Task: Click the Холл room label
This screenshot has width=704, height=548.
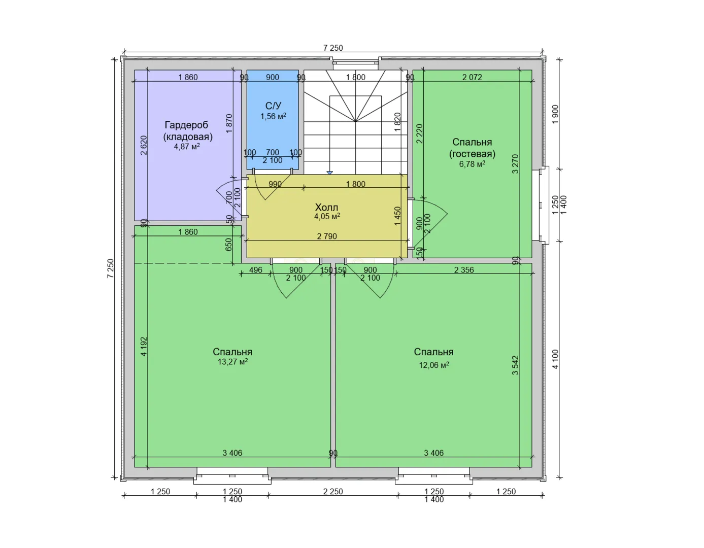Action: tap(326, 208)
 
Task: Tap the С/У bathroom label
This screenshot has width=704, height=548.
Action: tap(273, 106)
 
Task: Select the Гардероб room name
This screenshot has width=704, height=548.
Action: tap(186, 125)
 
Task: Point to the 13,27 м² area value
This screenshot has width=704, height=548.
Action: tap(232, 362)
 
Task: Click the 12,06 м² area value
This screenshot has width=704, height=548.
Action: tap(434, 365)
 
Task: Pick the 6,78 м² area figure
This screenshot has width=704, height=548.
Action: tap(472, 164)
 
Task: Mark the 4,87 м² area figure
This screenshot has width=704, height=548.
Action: tap(187, 147)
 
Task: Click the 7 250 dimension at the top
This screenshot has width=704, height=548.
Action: tap(333, 48)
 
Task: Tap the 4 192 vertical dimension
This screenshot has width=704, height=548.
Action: tap(144, 347)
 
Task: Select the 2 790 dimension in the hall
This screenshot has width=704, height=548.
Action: tap(327, 236)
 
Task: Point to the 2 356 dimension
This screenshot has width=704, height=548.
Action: tap(464, 270)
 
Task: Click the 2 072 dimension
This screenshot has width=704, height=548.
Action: tap(472, 77)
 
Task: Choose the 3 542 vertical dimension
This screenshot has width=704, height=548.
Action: tap(515, 365)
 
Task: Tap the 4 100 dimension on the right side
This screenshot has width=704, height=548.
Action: tap(555, 359)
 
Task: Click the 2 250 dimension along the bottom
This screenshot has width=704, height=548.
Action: tap(333, 491)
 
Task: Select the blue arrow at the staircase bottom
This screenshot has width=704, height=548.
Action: tap(329, 173)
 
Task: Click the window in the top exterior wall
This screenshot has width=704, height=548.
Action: tap(355, 63)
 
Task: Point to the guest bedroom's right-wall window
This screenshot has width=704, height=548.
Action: tap(541, 205)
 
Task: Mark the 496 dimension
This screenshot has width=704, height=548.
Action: tap(256, 270)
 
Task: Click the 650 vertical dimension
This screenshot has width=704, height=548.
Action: tap(228, 245)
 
